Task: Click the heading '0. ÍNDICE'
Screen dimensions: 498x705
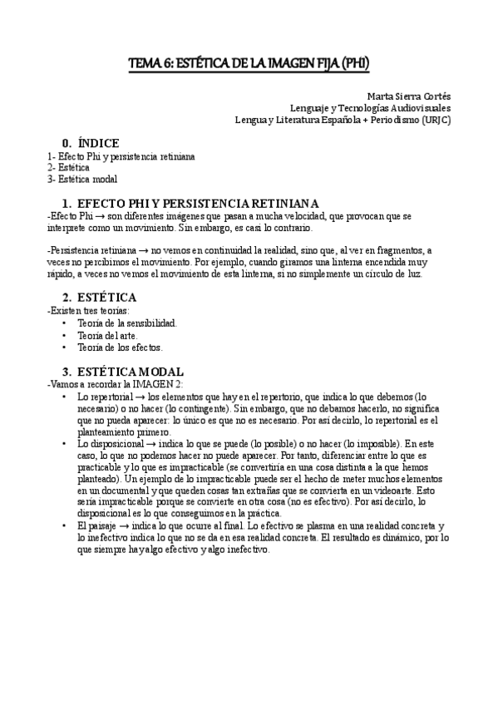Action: pos(91,142)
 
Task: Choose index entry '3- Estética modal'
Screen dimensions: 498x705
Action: pos(82,179)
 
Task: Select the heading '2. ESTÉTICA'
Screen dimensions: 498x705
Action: pos(99,297)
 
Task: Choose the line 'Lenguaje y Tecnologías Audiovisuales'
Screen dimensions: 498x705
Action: pos(370,107)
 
